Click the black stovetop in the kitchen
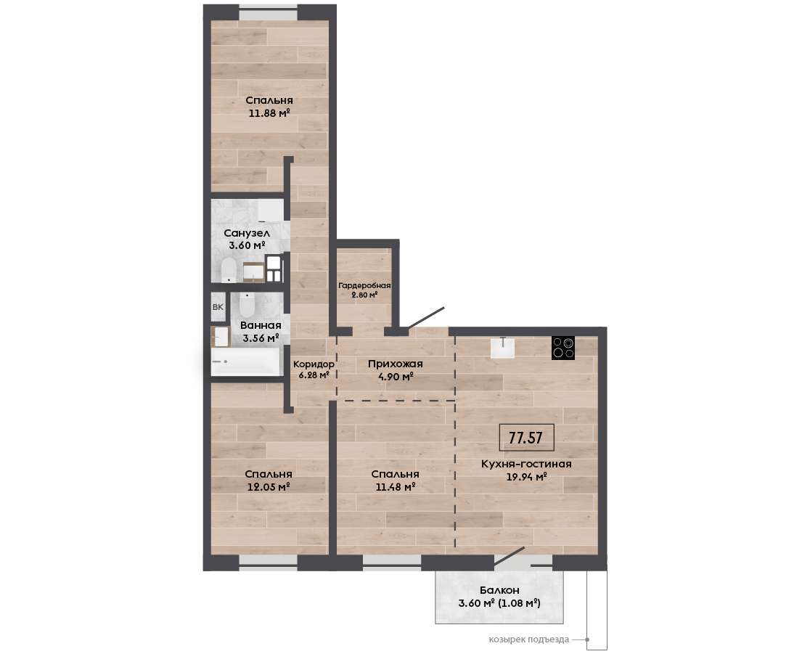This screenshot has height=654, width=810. coord(563,348)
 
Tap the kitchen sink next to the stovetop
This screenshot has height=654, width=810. coord(502,347)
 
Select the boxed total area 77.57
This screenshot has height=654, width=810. coord(526,438)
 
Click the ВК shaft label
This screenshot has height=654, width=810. coord(218,307)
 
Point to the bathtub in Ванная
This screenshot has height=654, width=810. coord(245,361)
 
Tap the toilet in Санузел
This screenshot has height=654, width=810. coord(229,271)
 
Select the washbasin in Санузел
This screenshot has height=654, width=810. coord(253,271)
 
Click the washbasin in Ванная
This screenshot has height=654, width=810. coord(221,336)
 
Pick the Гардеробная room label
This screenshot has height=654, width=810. coord(364,286)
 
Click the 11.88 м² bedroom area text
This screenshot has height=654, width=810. coord(269,113)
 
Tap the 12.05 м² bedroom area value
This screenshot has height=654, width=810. coord(269,486)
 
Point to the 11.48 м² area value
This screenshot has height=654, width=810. coord(395,486)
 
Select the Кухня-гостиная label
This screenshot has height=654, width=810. coord(526,464)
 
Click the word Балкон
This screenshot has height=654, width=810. coord(499,590)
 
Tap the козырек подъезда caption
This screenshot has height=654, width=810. coord(529,639)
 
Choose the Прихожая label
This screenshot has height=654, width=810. coord(395,364)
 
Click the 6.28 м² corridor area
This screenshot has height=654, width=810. coord(314,375)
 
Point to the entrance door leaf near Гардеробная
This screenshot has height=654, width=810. coord(426,317)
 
